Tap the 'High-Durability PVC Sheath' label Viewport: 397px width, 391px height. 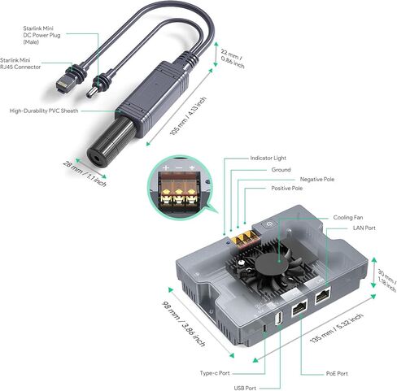46,110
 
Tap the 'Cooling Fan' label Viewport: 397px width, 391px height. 349,217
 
